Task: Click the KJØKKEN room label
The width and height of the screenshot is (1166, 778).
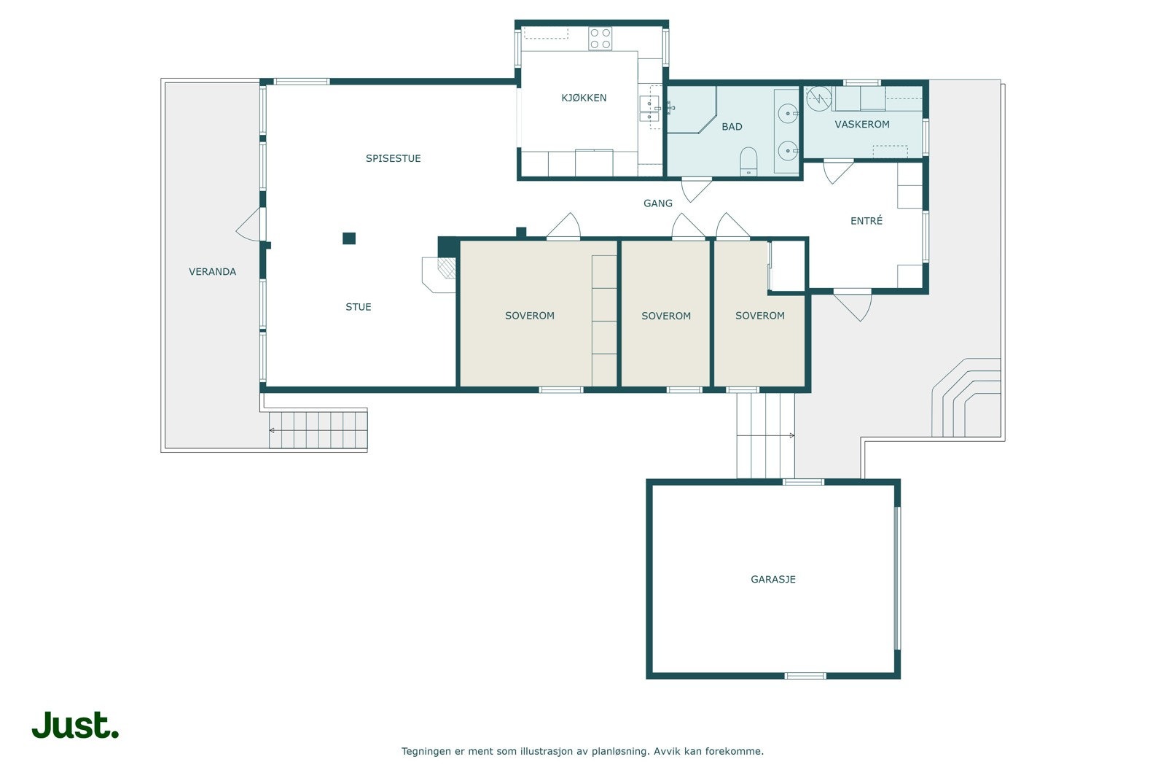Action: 584,98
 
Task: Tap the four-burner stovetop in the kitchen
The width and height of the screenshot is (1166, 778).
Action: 600,39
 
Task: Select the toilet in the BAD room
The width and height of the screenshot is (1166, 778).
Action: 748,161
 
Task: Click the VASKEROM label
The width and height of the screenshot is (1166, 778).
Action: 862,125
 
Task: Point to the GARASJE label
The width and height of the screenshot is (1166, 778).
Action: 773,579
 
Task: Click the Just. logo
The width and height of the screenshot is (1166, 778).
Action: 76,725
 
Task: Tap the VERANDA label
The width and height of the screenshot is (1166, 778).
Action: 212,272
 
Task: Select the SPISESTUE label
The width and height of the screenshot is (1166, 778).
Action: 393,158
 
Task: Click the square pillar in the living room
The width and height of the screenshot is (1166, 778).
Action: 349,238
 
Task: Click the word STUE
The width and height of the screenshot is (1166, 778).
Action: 359,307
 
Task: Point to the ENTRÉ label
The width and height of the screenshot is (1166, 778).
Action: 866,221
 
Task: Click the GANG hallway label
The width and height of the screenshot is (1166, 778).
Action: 658,203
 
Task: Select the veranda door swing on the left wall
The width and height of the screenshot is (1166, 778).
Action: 249,225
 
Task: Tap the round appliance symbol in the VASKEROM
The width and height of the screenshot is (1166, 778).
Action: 819,98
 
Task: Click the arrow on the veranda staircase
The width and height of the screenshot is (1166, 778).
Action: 318,431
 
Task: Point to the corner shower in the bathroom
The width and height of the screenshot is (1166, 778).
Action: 692,110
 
